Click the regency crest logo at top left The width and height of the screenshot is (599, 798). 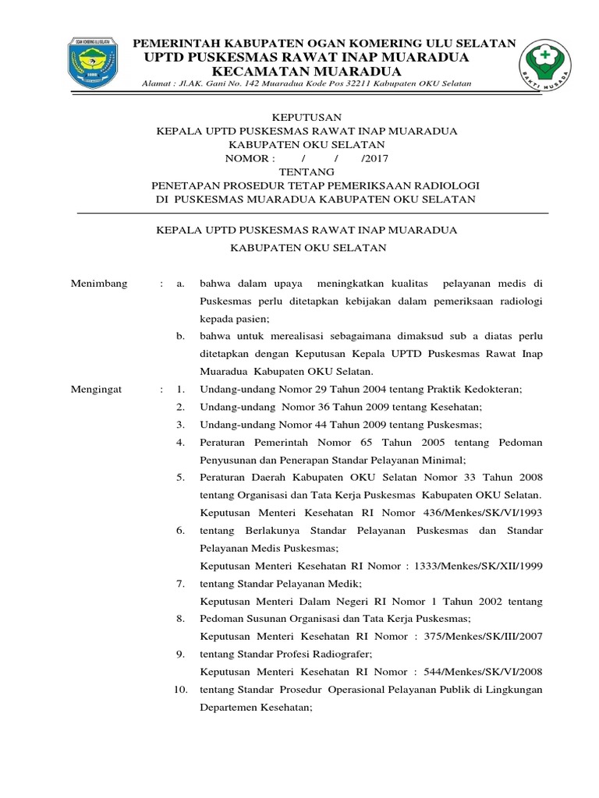[x=93, y=65]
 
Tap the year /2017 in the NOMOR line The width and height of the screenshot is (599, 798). [x=374, y=158]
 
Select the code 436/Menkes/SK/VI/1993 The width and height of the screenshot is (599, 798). [x=484, y=513]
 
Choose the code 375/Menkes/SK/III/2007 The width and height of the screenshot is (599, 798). [x=480, y=637]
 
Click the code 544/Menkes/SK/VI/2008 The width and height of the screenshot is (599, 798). [x=480, y=672]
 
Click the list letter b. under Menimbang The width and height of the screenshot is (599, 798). [x=179, y=336]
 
